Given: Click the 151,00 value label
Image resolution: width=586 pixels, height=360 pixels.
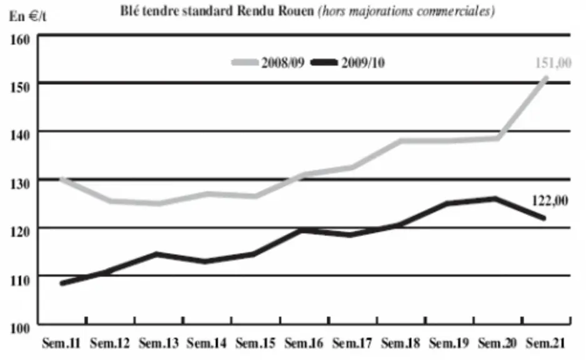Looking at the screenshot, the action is pyautogui.click(x=553, y=62).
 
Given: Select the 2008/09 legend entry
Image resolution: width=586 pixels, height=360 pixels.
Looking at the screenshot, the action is pyautogui.click(x=268, y=62).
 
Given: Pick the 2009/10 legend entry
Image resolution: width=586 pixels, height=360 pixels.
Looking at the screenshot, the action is pyautogui.click(x=348, y=62).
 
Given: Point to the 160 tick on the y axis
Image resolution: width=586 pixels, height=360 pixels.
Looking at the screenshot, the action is pyautogui.click(x=20, y=39).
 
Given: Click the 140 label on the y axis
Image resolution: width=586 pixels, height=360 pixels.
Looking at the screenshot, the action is pyautogui.click(x=20, y=135).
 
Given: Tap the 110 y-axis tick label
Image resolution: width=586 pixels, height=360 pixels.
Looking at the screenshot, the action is pyautogui.click(x=20, y=280).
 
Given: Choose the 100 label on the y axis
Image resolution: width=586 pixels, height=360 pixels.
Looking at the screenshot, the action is pyautogui.click(x=20, y=328).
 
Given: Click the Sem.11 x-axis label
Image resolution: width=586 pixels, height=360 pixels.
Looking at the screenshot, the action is pyautogui.click(x=61, y=342).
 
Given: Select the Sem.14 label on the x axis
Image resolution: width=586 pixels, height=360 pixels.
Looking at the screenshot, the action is pyautogui.click(x=207, y=342).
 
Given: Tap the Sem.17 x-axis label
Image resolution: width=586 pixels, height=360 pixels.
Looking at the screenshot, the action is pyautogui.click(x=352, y=342).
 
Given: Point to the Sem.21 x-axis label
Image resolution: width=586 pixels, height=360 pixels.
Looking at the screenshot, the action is pyautogui.click(x=545, y=342).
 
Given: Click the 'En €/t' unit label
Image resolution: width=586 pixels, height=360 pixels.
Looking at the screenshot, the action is pyautogui.click(x=27, y=16).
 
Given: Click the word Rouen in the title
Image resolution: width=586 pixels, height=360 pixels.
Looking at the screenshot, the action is pyautogui.click(x=296, y=11).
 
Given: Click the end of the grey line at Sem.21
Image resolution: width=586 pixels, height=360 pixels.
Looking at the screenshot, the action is pyautogui.click(x=545, y=78).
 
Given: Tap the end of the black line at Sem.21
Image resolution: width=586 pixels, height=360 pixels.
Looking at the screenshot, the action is pyautogui.click(x=544, y=218).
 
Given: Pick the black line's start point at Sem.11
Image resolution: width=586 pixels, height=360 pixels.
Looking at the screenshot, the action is pyautogui.click(x=62, y=283).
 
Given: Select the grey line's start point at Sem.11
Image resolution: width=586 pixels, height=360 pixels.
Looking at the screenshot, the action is pyautogui.click(x=62, y=179).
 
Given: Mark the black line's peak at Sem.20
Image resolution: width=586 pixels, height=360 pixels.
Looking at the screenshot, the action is pyautogui.click(x=495, y=198).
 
